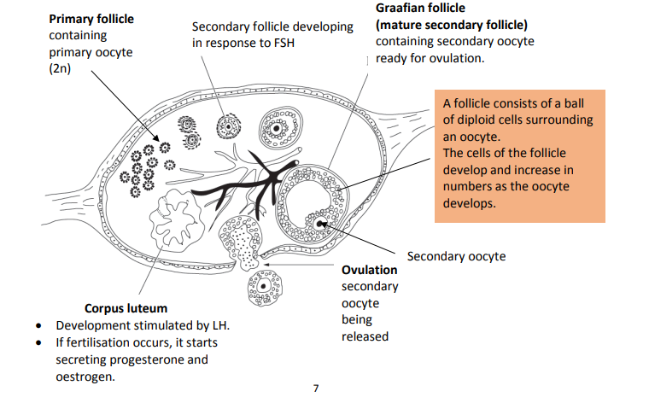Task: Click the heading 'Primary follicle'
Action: [x=91, y=18]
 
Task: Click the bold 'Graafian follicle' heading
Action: [x=421, y=8]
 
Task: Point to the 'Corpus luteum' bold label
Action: [x=126, y=308]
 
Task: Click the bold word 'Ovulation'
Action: [x=369, y=270]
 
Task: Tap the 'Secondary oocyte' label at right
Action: [x=456, y=256]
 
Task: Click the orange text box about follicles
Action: [x=519, y=155]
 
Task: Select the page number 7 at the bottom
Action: [x=316, y=388]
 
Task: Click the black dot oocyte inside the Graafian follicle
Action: [x=320, y=224]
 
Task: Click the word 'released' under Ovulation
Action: [x=365, y=336]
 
